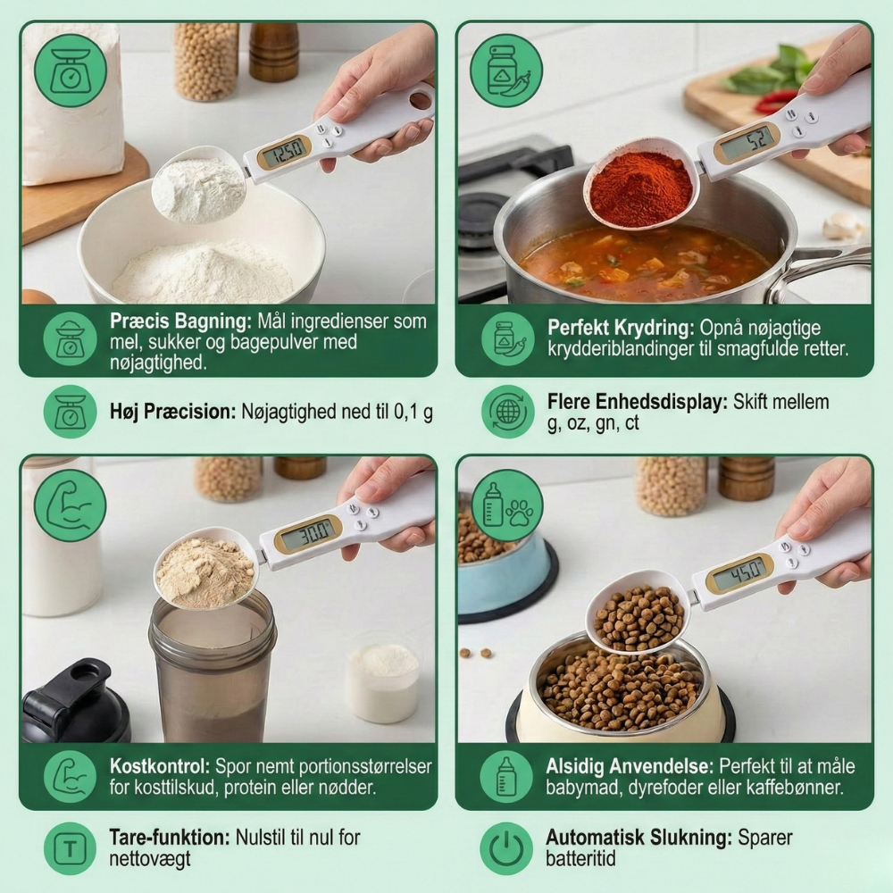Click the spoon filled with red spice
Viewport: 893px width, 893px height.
tap(641, 183)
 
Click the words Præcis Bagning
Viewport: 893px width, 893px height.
tap(180, 321)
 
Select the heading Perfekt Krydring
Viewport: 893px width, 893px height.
tap(621, 328)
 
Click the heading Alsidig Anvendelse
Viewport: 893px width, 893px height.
tap(630, 766)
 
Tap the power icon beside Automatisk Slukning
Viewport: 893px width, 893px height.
tap(505, 848)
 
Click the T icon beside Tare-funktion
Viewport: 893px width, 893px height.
tap(70, 848)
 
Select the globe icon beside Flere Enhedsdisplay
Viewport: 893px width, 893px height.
tap(507, 411)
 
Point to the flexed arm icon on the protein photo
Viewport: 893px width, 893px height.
tap(70, 506)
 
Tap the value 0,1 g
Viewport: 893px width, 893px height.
tap(413, 412)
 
